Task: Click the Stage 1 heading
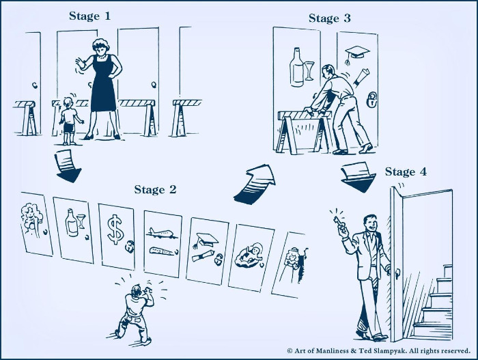tap(89, 16)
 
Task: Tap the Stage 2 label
tap(155, 189)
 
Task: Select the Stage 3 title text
tap(330, 18)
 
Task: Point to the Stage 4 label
tap(406, 171)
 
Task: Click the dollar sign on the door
tap(115, 230)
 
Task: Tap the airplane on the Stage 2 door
tap(162, 234)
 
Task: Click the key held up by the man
tap(339, 222)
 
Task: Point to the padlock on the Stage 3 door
tap(371, 100)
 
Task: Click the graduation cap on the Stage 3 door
tap(356, 53)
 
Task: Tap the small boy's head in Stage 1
tap(68, 102)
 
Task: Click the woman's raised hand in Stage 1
tap(80, 64)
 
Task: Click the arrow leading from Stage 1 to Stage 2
tap(68, 166)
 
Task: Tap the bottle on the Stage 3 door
tap(296, 68)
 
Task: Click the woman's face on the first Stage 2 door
tap(31, 214)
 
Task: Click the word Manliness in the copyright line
tap(331, 351)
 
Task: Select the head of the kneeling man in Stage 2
tap(137, 289)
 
